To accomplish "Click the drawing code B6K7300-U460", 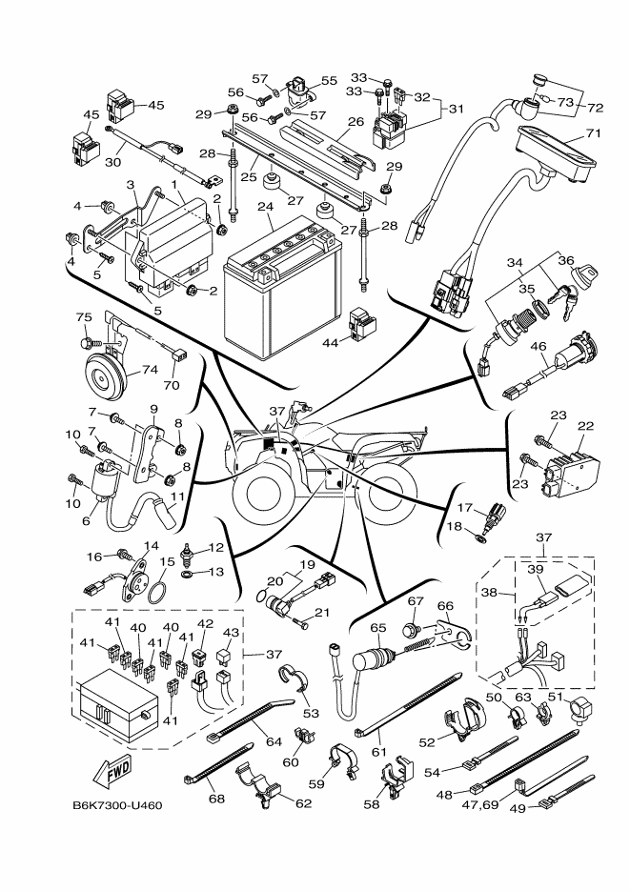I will pyautogui.click(x=117, y=805).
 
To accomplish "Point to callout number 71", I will pyautogui.click(x=593, y=135).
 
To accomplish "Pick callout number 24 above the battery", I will pyautogui.click(x=265, y=206).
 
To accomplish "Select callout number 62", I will pyautogui.click(x=304, y=803).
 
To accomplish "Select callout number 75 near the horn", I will pyautogui.click(x=83, y=318).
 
